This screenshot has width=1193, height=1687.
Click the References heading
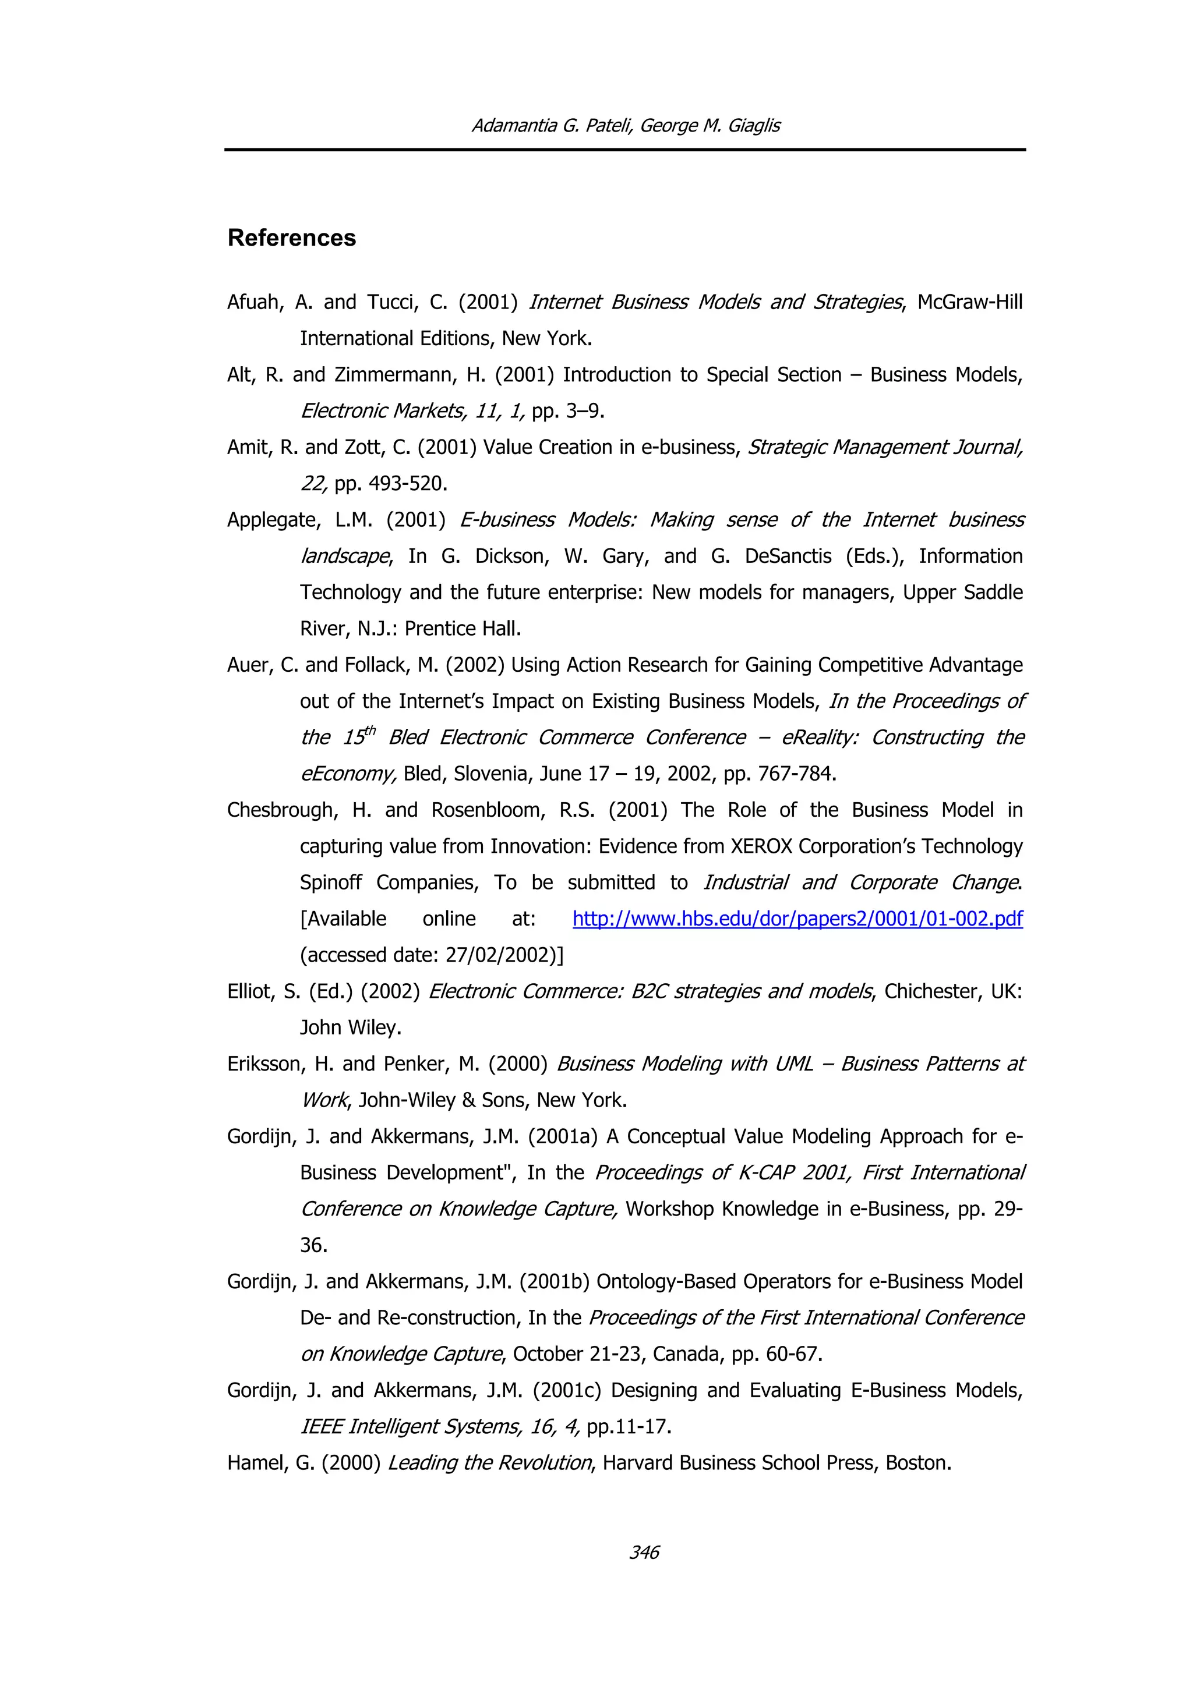pos(291,238)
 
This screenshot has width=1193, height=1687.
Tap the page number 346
pos(644,1552)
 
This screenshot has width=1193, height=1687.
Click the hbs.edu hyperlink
pos(797,919)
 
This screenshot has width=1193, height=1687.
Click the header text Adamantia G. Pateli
pos(551,126)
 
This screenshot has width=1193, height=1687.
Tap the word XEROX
pos(761,846)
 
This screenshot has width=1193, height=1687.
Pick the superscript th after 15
pos(370,729)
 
